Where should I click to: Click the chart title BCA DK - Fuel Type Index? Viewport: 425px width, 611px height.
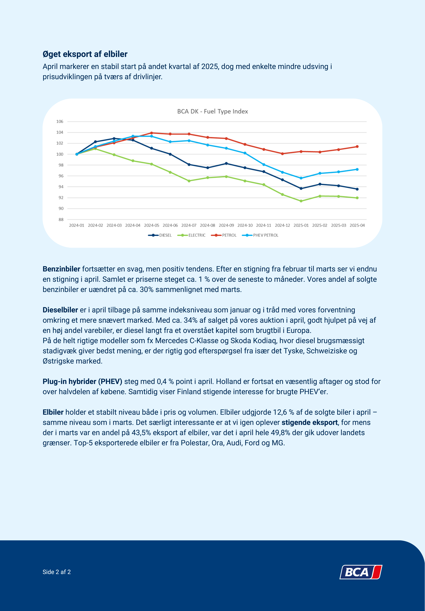pos(212,111)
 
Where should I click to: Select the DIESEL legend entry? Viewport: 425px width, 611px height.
pos(160,235)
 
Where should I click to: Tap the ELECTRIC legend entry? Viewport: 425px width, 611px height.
pos(191,235)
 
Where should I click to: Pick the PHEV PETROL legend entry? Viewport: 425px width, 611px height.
pos(260,235)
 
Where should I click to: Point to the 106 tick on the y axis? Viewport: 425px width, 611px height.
pos(60,121)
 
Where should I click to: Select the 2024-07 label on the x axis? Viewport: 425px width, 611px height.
pos(189,225)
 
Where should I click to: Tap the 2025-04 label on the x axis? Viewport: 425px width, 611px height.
pos(357,225)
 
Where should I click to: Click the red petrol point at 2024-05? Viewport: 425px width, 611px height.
pos(152,133)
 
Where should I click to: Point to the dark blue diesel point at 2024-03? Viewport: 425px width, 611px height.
pos(114,139)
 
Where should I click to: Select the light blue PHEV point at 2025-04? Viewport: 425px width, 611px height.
pos(357,169)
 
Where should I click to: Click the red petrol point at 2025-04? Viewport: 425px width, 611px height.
pos(357,147)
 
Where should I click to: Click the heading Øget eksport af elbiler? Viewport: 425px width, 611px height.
pos(85,54)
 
